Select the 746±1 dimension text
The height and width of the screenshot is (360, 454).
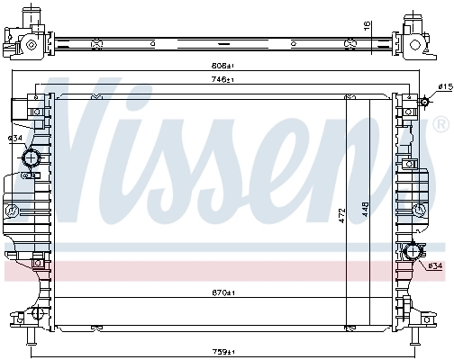pyautogui.click(x=223, y=80)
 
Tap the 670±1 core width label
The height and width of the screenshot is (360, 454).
pyautogui.click(x=223, y=292)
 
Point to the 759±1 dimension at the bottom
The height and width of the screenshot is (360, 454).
pyautogui.click(x=223, y=350)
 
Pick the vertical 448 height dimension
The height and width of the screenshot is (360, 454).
pyautogui.click(x=365, y=210)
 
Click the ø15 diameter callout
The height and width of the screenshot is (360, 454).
pyautogui.click(x=444, y=86)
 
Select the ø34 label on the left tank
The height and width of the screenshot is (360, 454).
pyautogui.click(x=15, y=138)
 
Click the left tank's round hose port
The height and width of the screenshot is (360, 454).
pyautogui.click(x=32, y=159)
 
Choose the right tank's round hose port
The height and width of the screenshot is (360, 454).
pyautogui.click(x=415, y=253)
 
